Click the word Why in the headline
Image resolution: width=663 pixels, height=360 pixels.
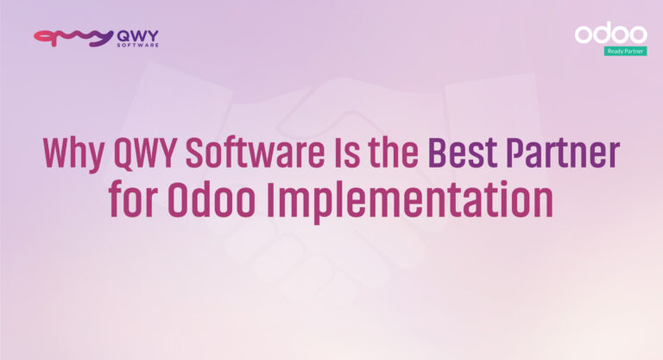pyautogui.click(x=73, y=153)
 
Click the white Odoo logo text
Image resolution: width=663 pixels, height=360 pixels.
pyautogui.click(x=610, y=34)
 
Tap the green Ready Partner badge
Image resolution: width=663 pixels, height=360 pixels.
pyautogui.click(x=625, y=51)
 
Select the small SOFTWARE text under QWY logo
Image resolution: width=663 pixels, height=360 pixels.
pyautogui.click(x=136, y=45)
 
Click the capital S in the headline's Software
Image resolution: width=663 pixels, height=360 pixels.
pyautogui.click(x=197, y=153)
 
